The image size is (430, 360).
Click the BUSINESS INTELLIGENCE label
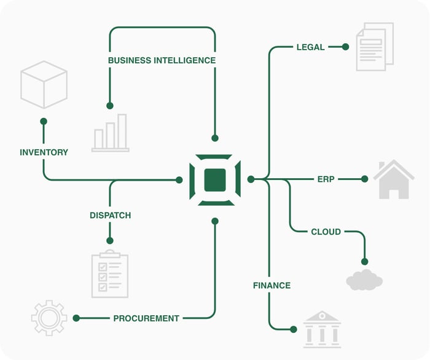click(x=162, y=60)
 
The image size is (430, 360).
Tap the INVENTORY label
click(x=44, y=152)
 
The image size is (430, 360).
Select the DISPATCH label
click(x=110, y=216)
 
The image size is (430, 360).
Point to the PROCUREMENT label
click(x=146, y=318)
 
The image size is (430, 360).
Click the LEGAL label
click(x=310, y=47)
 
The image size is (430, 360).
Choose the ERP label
click(x=326, y=179)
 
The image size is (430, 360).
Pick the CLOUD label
click(x=326, y=232)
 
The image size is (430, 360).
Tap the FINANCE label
click(x=272, y=286)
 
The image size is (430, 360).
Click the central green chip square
click(x=215, y=179)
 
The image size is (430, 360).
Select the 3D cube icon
click(x=44, y=85)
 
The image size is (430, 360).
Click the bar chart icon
click(x=111, y=133)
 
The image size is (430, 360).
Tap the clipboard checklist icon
click(x=110, y=274)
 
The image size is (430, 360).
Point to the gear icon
click(x=49, y=318)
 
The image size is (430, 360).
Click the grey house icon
click(x=394, y=179)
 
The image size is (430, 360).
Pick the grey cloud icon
click(x=364, y=280)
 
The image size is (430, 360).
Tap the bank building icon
click(x=321, y=329)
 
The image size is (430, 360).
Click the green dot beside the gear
click(x=76, y=318)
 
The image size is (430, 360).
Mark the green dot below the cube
click(x=44, y=122)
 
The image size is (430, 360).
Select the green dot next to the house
click(x=364, y=179)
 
